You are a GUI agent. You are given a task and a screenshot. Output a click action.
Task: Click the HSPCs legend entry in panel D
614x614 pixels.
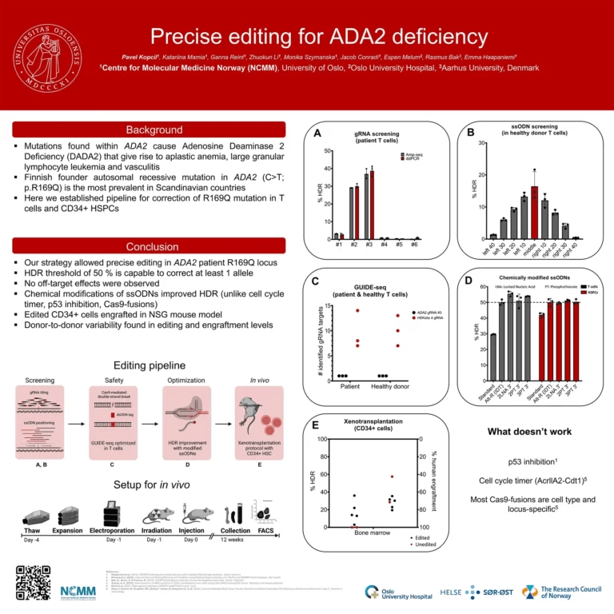coord(591,293)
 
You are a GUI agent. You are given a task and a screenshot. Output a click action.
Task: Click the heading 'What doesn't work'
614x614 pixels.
coord(529,432)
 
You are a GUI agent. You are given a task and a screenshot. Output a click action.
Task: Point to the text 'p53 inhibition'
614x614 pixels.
coord(528,462)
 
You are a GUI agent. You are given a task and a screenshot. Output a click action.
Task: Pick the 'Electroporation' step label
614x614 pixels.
coord(113,529)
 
